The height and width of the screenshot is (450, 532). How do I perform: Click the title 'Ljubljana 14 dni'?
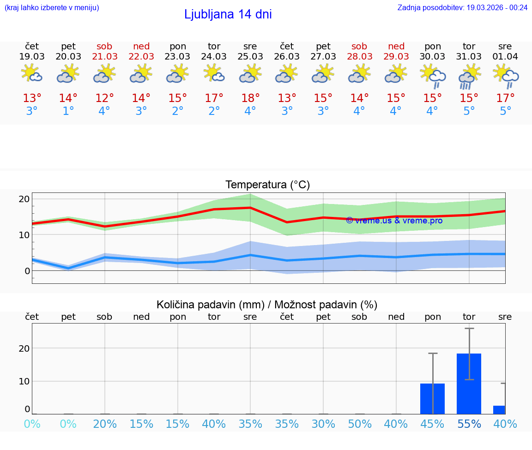(x=228, y=14)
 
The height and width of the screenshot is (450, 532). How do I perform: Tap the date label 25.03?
(x=250, y=56)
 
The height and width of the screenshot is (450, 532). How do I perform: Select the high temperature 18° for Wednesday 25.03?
(x=250, y=98)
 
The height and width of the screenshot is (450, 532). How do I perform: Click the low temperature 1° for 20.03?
(x=68, y=111)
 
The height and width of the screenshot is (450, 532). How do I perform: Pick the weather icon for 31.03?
(x=469, y=76)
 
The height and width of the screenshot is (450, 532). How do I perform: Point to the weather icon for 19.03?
(x=32, y=73)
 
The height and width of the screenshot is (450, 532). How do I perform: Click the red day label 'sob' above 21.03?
(x=105, y=46)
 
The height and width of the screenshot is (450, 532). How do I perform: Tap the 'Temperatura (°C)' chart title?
(x=267, y=185)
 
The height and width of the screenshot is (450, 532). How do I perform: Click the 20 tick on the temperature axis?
(x=24, y=199)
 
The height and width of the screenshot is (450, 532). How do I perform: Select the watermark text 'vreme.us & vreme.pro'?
(x=394, y=221)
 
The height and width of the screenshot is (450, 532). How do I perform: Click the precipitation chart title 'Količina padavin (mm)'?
(x=210, y=305)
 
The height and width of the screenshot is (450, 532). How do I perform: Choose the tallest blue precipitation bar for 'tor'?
(x=469, y=383)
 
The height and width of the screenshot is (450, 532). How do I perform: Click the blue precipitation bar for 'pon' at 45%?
(x=432, y=398)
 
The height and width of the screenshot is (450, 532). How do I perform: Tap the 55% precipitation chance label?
(x=469, y=424)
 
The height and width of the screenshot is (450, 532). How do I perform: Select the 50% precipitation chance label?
(x=359, y=424)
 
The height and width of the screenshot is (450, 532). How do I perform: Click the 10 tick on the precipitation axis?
(x=24, y=381)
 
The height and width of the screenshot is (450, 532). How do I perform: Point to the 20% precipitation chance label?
(x=105, y=424)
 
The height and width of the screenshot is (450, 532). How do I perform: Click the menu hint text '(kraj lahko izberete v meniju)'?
(x=52, y=7)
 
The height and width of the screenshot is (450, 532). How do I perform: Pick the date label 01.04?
(x=505, y=56)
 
